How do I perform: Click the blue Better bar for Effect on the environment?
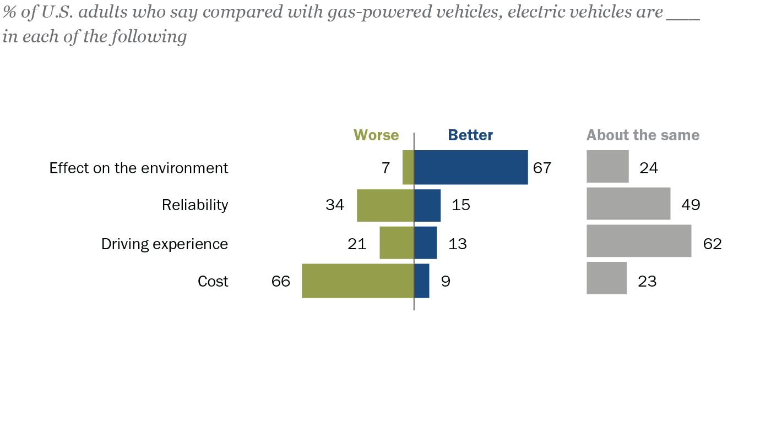(x=471, y=167)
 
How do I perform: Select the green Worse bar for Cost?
(x=357, y=281)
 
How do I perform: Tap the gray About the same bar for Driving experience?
(x=639, y=241)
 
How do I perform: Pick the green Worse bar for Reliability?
(x=385, y=205)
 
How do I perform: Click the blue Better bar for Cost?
(x=421, y=281)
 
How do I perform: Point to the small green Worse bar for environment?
(x=408, y=167)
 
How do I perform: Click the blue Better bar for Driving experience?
(x=425, y=243)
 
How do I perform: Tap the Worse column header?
(x=376, y=135)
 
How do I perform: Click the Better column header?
(x=470, y=135)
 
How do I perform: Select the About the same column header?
(x=643, y=135)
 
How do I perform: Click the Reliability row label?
(x=195, y=205)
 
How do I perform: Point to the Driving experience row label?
(x=165, y=244)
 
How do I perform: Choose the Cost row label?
(x=213, y=282)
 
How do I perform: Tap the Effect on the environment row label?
(x=139, y=168)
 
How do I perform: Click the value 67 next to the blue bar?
(x=542, y=168)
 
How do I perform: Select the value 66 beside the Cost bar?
(x=281, y=282)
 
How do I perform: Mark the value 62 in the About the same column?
(x=712, y=244)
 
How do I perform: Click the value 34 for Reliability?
(x=335, y=205)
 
